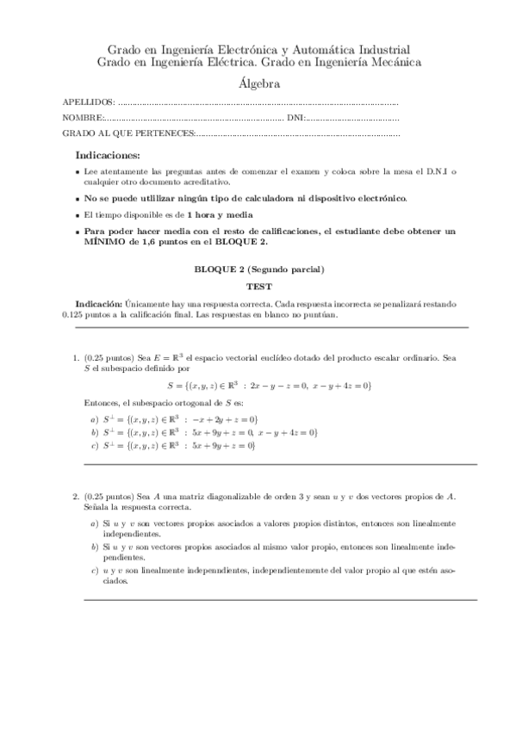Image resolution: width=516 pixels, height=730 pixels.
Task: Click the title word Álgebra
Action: click(x=258, y=84)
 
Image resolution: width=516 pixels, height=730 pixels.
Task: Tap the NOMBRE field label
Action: click(x=84, y=117)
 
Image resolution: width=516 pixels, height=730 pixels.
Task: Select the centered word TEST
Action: click(x=258, y=286)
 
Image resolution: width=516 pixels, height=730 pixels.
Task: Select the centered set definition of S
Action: click(x=270, y=386)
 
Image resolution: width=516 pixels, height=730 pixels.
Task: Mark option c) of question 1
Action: click(x=93, y=445)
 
